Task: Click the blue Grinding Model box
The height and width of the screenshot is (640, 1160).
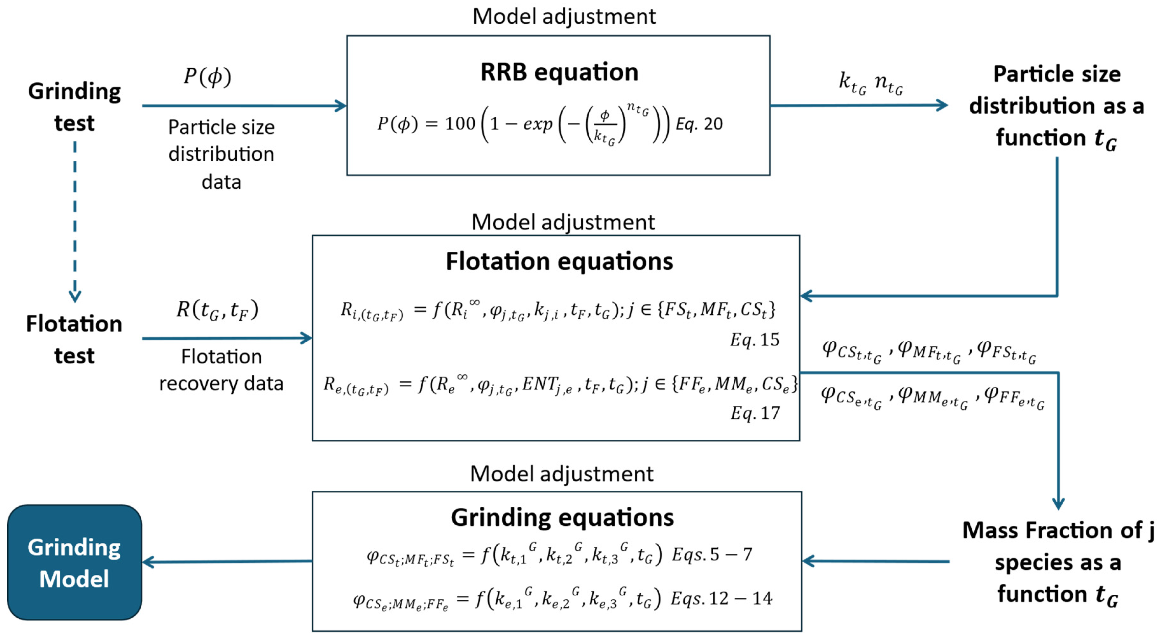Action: [x=74, y=562]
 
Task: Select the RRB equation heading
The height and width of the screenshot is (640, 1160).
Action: [x=559, y=72]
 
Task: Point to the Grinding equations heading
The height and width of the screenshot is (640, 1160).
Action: [x=562, y=517]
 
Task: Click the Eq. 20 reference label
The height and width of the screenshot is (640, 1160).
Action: [x=699, y=124]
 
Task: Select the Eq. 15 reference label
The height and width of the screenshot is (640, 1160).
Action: [x=755, y=340]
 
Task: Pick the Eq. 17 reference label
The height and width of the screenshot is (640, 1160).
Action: [x=755, y=413]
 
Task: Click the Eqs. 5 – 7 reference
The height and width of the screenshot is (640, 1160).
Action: [x=711, y=554]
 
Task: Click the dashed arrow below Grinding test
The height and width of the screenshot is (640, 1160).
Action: [x=75, y=221]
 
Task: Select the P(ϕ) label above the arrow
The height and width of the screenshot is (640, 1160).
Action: [x=207, y=76]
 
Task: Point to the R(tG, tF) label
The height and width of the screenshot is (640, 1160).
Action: [x=217, y=310]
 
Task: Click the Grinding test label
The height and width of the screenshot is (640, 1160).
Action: [x=74, y=107]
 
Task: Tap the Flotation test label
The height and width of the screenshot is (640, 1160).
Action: [x=74, y=340]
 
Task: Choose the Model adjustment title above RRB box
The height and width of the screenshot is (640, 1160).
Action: [x=564, y=17]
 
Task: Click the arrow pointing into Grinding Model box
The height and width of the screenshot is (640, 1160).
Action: [x=225, y=561]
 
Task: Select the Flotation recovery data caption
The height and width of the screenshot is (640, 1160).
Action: [x=221, y=370]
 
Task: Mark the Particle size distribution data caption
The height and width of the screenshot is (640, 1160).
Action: [x=221, y=154]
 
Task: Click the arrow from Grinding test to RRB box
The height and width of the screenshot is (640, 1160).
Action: [x=243, y=106]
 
